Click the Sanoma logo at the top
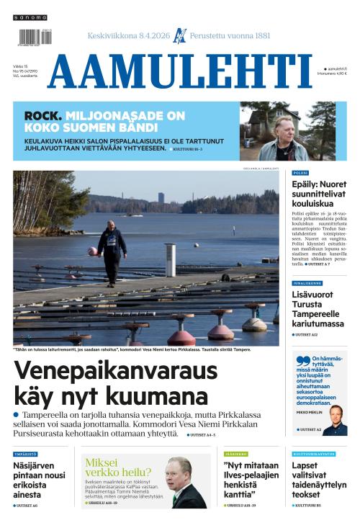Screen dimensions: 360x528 (30, 17)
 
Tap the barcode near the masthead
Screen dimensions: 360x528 (31, 37)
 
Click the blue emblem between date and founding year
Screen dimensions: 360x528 (179, 35)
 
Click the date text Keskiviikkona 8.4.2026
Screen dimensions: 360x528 (128, 35)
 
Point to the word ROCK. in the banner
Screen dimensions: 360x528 (42, 115)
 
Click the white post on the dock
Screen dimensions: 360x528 (170, 259)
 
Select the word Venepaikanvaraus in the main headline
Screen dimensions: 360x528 (115, 371)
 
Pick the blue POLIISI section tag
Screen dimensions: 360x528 (300, 173)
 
